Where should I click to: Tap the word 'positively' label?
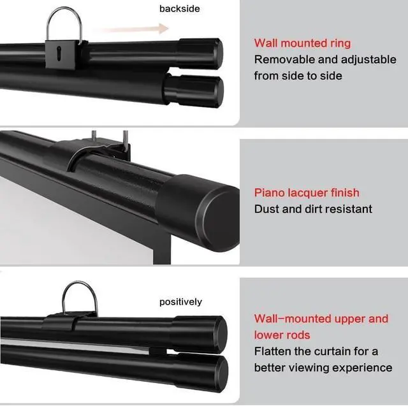pyautogui.click(x=180, y=301)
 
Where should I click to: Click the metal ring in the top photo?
pyautogui.click(x=66, y=20)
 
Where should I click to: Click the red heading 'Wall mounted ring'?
pyautogui.click(x=302, y=43)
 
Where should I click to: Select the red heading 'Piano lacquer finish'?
pyautogui.click(x=307, y=192)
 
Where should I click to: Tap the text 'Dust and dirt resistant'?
pyautogui.click(x=313, y=209)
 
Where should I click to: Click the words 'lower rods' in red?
pyautogui.click(x=282, y=335)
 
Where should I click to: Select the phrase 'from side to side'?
pyautogui.click(x=298, y=76)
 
